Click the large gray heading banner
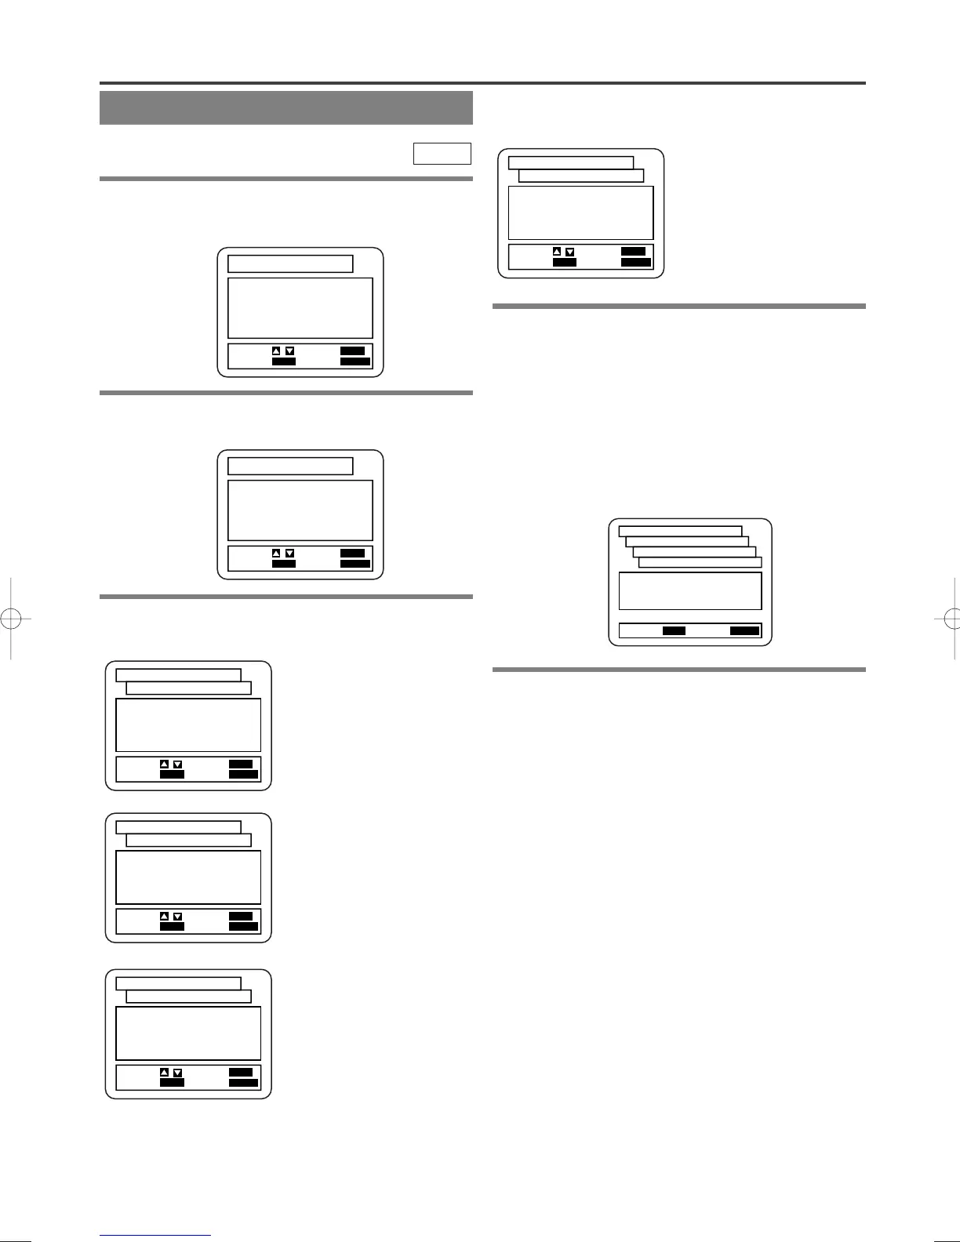[285, 107]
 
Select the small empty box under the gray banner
[442, 154]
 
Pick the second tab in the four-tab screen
[687, 541]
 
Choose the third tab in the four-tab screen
[694, 551]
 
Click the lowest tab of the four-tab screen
[700, 562]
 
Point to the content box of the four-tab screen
[690, 590]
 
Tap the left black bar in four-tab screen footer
[674, 630]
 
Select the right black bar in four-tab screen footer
[745, 630]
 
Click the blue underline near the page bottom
[155, 1236]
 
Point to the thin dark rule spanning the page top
[482, 82]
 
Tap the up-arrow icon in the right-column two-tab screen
[557, 252]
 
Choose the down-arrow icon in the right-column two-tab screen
[570, 252]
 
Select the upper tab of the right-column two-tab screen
[571, 162]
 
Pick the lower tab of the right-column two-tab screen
[581, 176]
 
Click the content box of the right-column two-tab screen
[580, 212]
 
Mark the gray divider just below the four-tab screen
[678, 670]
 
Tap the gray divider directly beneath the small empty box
[285, 179]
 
